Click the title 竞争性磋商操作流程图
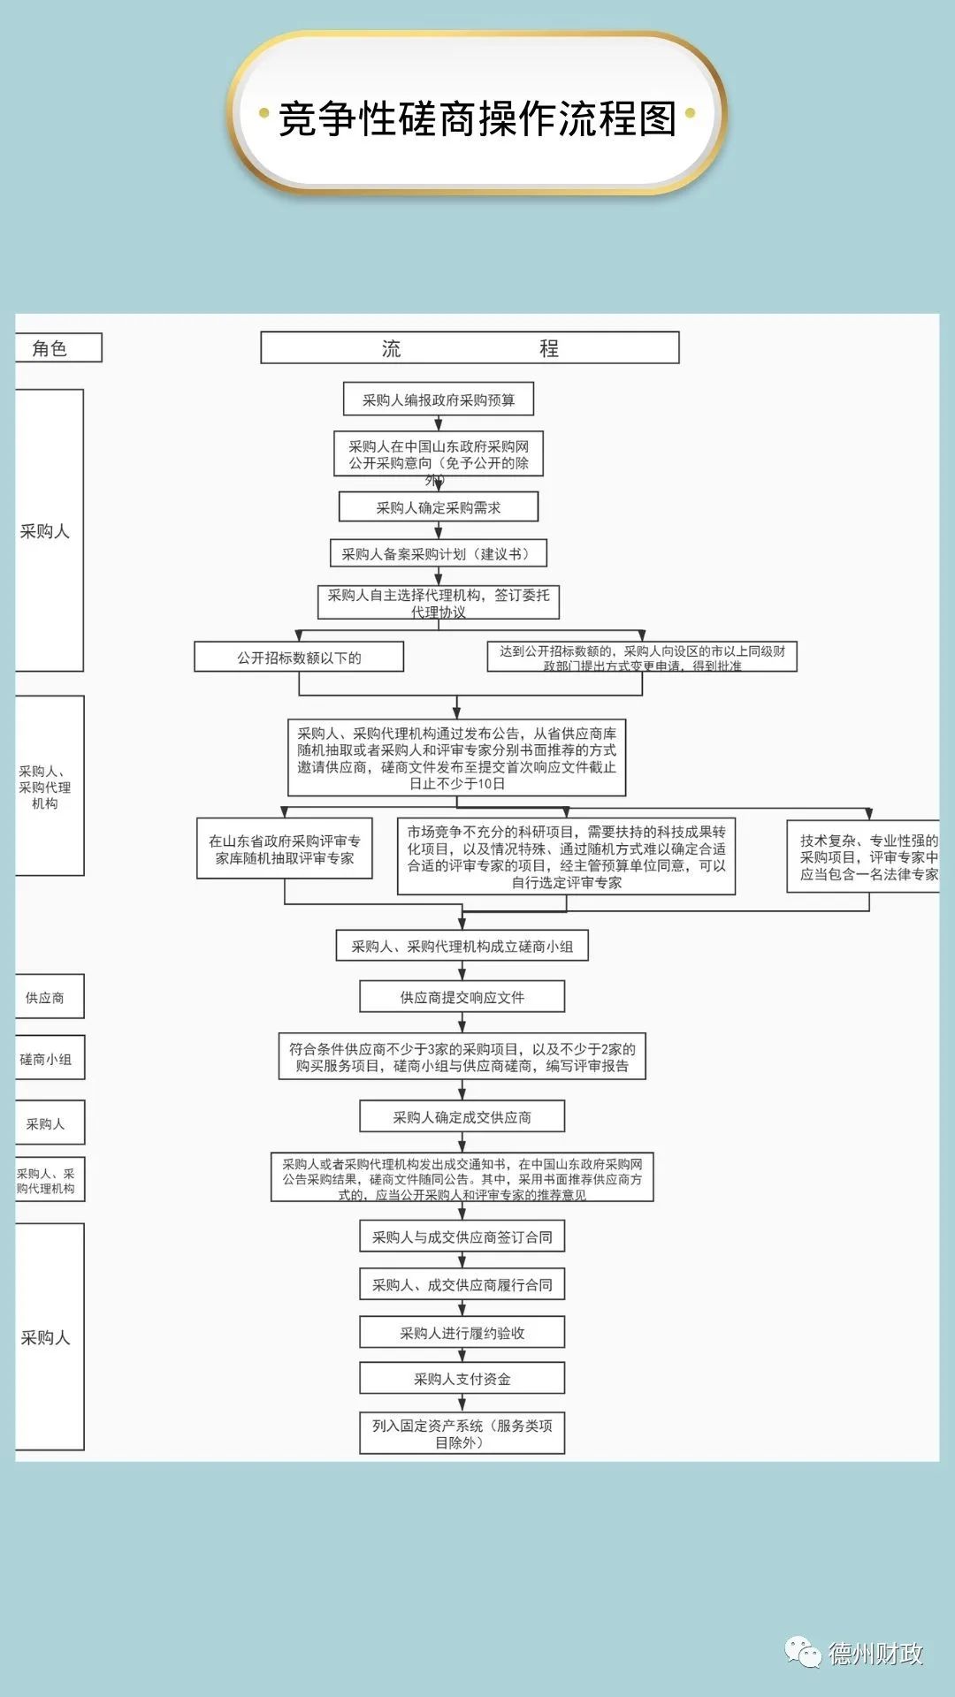(477, 118)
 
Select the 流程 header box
(470, 348)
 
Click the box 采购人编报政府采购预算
(438, 400)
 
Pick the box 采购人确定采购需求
(438, 507)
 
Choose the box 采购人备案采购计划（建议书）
(438, 553)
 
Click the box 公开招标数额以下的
(299, 657)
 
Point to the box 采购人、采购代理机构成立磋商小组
(462, 946)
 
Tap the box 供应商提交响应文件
(462, 997)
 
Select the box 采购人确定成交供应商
(462, 1117)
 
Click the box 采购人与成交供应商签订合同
(462, 1237)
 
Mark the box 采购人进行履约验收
(462, 1332)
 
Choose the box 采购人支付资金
(462, 1378)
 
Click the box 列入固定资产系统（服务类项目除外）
(462, 1434)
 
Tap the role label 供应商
(46, 998)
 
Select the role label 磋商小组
(46, 1059)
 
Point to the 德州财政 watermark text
(875, 1654)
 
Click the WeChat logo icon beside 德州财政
(804, 1652)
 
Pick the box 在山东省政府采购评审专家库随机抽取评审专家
(284, 849)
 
